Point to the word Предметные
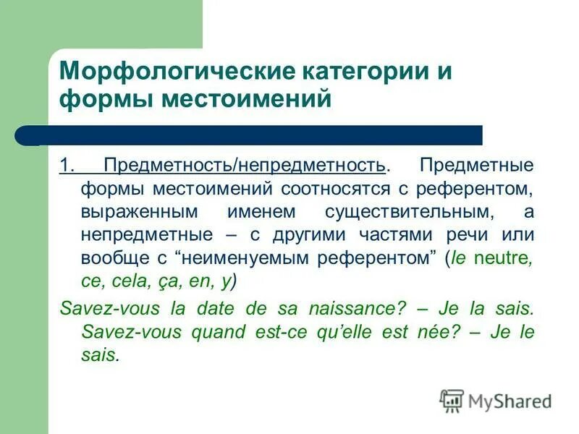pyautogui.click(x=476, y=165)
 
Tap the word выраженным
pyautogui.click(x=135, y=213)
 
